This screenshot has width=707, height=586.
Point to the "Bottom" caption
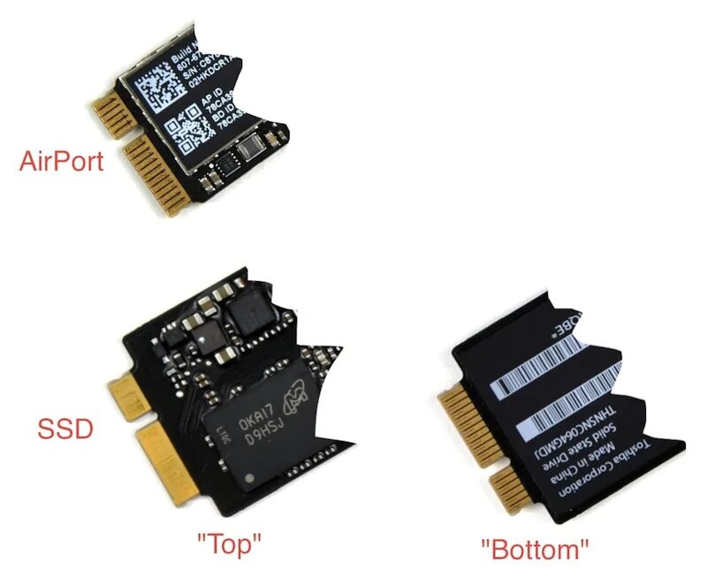(535, 549)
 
